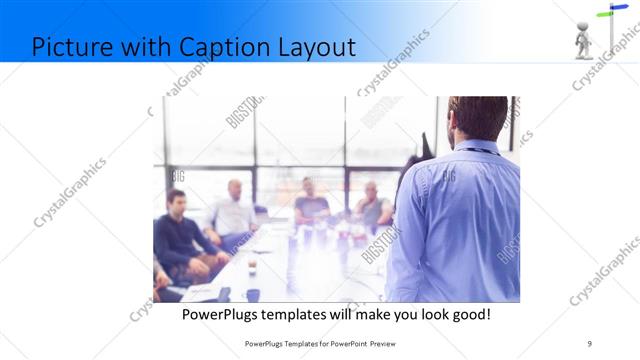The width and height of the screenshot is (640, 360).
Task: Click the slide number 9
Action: [589, 343]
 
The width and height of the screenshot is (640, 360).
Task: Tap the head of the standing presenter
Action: [478, 118]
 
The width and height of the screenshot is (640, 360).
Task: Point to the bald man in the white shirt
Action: [233, 212]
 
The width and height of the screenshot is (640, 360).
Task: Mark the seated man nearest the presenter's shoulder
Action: [372, 207]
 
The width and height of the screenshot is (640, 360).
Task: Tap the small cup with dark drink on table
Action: [251, 267]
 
